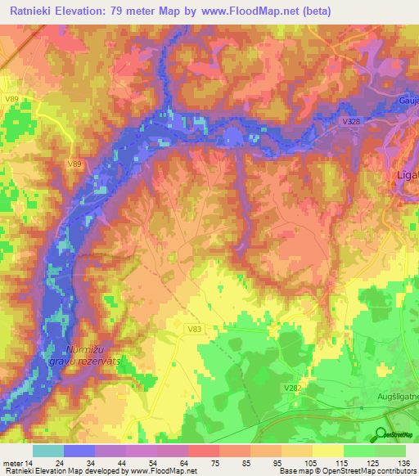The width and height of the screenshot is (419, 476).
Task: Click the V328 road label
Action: pos(350,121)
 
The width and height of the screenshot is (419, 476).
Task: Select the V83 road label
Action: pos(194,329)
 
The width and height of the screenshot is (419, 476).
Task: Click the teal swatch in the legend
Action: pos(47,450)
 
